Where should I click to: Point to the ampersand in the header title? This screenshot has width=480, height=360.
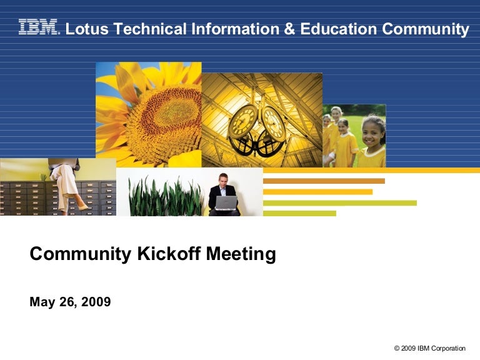[289, 29]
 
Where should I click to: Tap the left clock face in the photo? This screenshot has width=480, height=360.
[242, 121]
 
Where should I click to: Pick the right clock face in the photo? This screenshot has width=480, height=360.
[273, 121]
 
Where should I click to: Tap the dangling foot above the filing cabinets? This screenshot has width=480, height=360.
[81, 206]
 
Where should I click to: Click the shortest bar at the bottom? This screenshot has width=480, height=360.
[299, 213]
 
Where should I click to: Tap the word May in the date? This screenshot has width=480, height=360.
[41, 302]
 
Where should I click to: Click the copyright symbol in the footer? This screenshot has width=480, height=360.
[397, 348]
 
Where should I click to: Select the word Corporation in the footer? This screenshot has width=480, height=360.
[448, 348]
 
